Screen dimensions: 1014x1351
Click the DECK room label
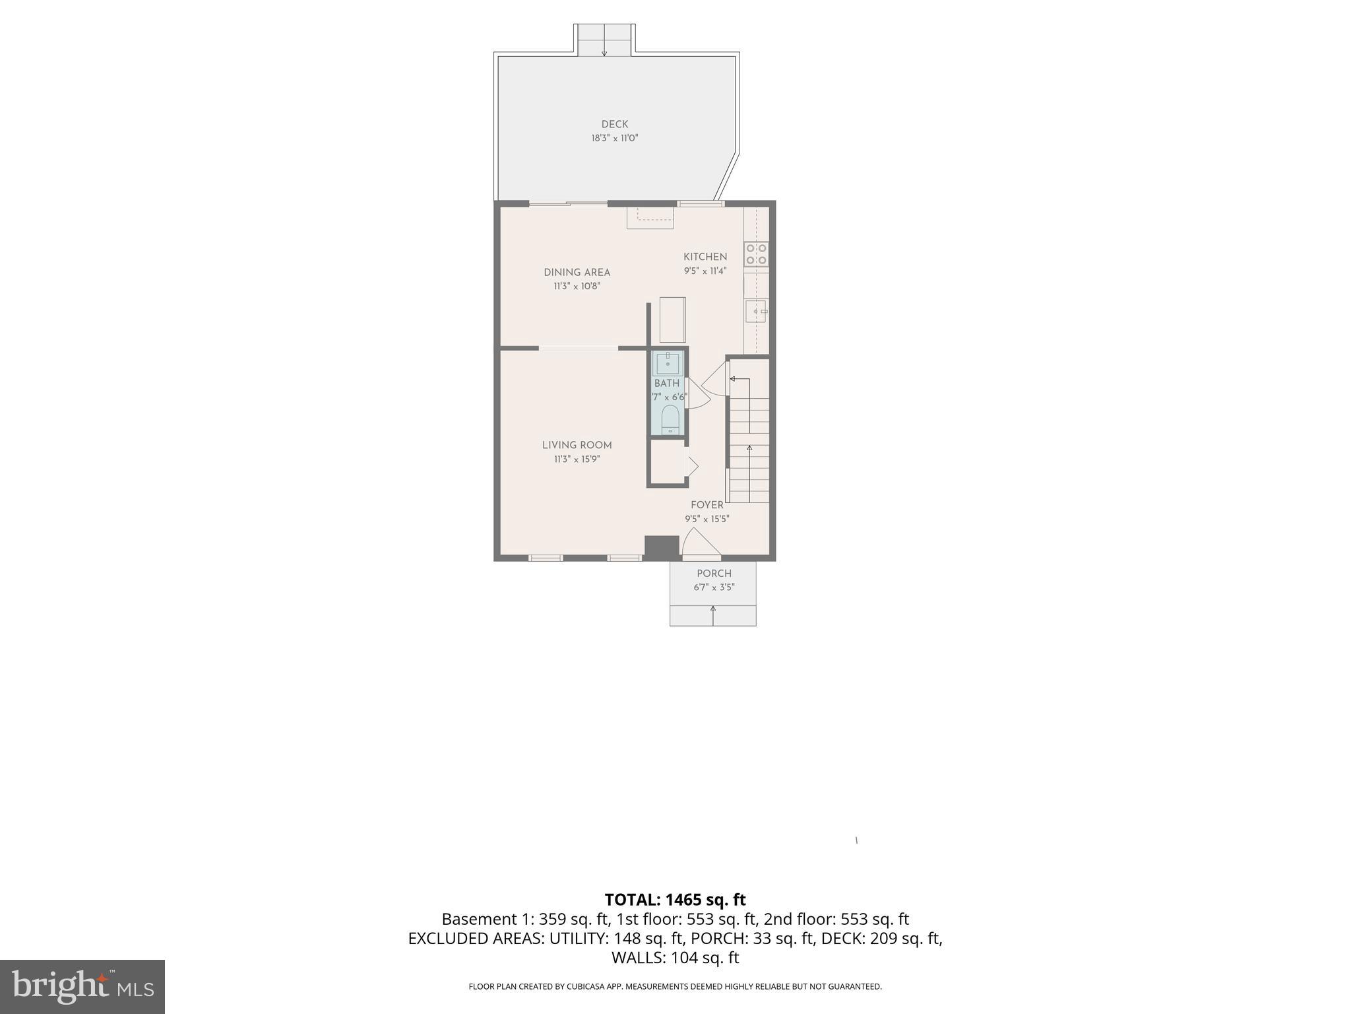(x=614, y=124)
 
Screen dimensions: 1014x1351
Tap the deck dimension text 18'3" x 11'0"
(x=614, y=139)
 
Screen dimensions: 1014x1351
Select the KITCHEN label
(x=705, y=257)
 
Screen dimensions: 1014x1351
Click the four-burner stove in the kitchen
(x=756, y=254)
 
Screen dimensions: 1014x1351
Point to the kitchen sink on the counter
(x=756, y=310)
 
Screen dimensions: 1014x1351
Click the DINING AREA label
(x=577, y=272)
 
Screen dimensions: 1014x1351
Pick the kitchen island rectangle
(x=672, y=320)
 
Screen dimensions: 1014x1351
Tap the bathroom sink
(x=668, y=363)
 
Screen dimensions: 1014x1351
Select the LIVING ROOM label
(x=577, y=445)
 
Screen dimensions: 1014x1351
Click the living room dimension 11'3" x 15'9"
(x=577, y=459)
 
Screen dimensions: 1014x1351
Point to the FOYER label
(x=707, y=505)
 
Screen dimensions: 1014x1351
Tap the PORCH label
(x=714, y=573)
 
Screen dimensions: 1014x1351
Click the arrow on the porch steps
(x=712, y=614)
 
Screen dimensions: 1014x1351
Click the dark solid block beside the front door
(x=661, y=547)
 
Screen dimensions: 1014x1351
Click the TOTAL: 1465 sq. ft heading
(x=675, y=899)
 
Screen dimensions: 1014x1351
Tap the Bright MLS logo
(x=82, y=986)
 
